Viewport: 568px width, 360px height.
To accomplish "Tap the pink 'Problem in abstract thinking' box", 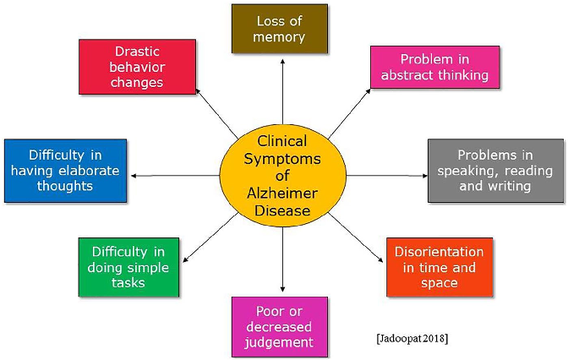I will click(434, 67).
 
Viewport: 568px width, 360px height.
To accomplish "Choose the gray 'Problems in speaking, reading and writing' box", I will click(494, 170).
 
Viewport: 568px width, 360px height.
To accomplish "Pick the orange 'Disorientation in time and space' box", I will click(439, 267).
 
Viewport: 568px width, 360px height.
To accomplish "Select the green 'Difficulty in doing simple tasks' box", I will click(128, 268).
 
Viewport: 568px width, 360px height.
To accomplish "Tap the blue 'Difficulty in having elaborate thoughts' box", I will click(65, 170).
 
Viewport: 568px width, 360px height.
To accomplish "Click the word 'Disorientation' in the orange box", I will click(439, 252).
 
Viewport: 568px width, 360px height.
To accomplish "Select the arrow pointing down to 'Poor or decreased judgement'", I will click(283, 262).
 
